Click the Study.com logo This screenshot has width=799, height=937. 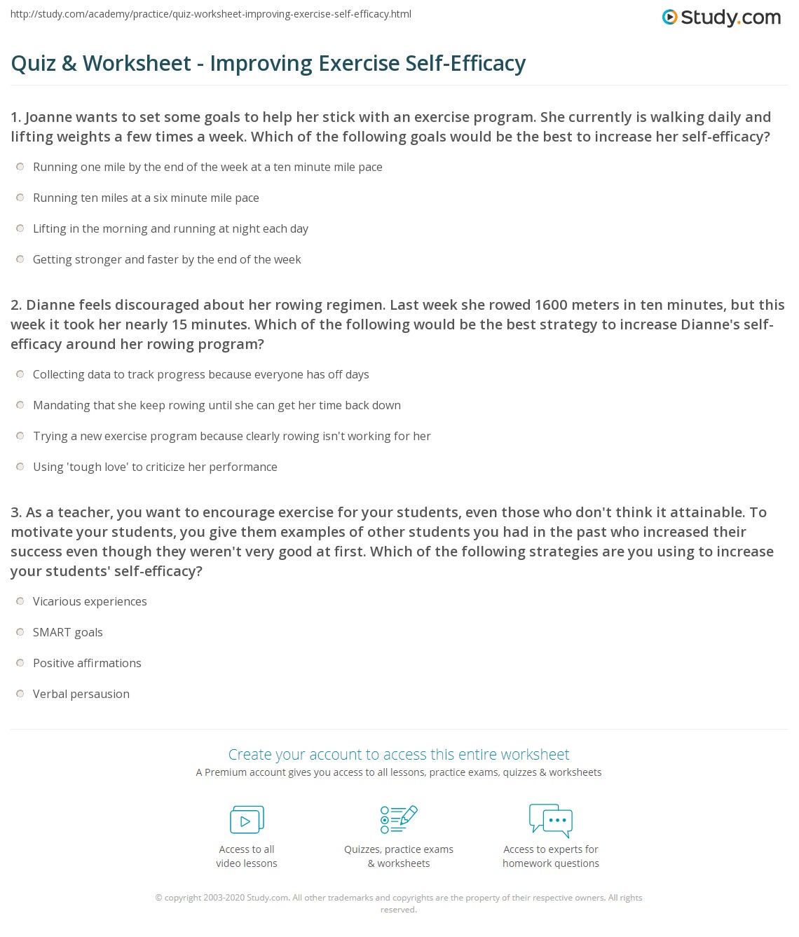coord(721,18)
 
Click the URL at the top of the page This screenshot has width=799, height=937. coord(211,14)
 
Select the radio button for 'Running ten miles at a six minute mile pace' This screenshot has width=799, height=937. coord(20,198)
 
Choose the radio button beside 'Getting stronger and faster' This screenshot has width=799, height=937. coord(20,259)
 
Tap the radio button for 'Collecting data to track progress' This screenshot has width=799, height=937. coord(20,374)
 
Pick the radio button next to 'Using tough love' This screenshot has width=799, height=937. coord(20,467)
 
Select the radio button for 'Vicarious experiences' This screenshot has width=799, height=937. coord(20,601)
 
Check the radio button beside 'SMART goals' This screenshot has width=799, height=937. coord(20,632)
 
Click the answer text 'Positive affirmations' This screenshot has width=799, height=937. coord(87,663)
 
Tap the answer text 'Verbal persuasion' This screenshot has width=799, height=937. coord(81,694)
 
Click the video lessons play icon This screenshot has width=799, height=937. coord(247,820)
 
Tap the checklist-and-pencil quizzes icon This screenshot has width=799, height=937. coord(399,819)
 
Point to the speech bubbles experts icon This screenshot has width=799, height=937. coord(551,820)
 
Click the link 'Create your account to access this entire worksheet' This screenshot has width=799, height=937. coord(399,754)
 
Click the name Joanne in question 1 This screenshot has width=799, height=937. coord(51,117)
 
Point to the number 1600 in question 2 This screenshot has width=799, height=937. coord(551,305)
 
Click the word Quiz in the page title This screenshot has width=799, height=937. coord(34,64)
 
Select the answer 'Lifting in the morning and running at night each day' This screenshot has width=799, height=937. coord(170,228)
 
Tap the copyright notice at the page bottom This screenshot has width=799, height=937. coord(399,903)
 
